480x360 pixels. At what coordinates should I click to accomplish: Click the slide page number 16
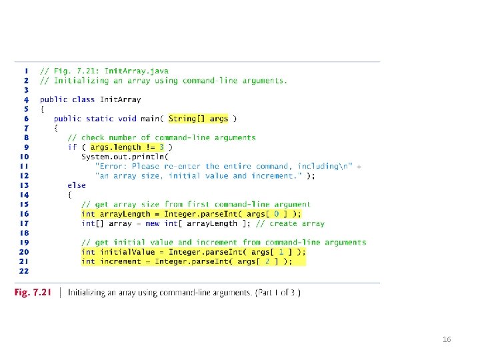tap(447, 340)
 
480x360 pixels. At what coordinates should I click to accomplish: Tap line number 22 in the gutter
tap(24, 271)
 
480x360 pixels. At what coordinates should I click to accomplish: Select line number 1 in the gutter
tap(25, 70)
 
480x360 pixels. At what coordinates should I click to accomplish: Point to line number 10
tap(24, 157)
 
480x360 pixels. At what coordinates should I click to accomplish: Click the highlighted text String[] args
tap(198, 119)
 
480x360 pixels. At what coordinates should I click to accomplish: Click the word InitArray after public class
tap(121, 99)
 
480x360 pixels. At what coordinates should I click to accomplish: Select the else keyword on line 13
tap(77, 185)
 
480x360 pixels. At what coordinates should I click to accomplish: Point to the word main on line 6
tap(149, 119)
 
